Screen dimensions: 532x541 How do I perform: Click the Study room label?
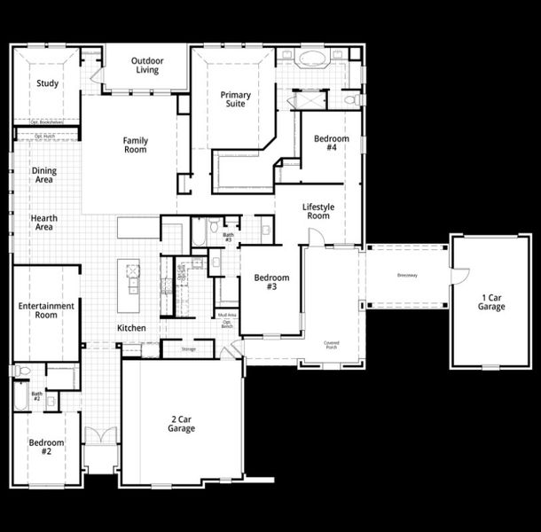[x=47, y=84]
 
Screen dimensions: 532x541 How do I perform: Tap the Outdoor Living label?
[x=147, y=66]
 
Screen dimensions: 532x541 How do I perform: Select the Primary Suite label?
[x=235, y=99]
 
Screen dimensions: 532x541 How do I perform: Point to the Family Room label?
[x=136, y=145]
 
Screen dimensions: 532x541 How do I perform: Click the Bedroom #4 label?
[x=331, y=144]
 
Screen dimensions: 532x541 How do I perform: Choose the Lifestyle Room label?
[x=318, y=211]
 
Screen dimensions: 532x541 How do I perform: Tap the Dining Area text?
[x=43, y=176]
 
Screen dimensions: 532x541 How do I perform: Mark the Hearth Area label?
[x=43, y=223]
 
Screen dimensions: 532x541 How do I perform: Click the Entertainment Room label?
[x=46, y=310]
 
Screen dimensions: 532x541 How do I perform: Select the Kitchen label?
[x=131, y=328]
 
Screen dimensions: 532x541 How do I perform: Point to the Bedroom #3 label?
[x=271, y=283]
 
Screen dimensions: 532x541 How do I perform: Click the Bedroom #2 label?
[x=46, y=447]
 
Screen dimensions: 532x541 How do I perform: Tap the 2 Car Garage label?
[x=182, y=424]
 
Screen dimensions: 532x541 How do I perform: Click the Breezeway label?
[x=408, y=275]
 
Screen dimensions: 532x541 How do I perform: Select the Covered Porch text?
[x=331, y=344]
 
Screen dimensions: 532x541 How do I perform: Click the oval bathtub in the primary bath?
[x=311, y=60]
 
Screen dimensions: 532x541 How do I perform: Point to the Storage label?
[x=188, y=349]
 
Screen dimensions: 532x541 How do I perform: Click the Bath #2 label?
[x=37, y=395]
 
